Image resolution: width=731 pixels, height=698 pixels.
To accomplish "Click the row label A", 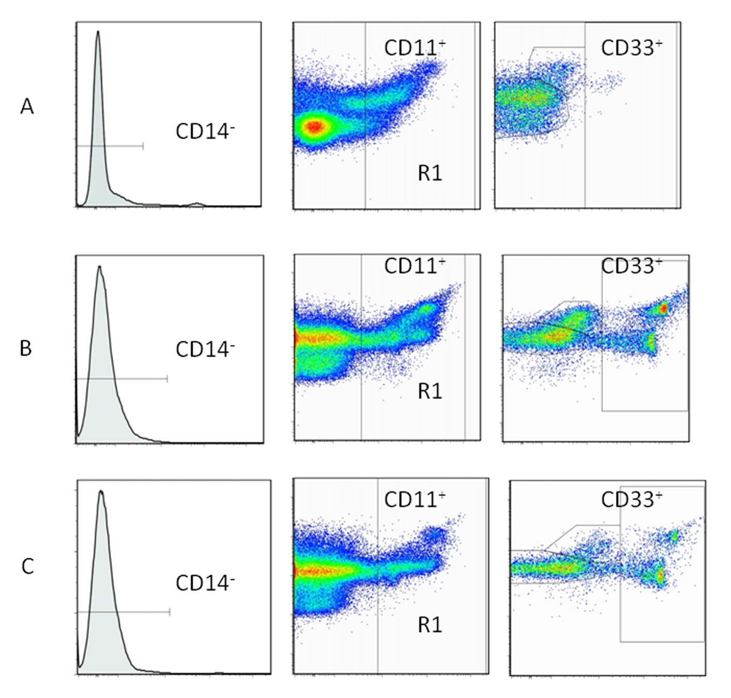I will pos(27,107).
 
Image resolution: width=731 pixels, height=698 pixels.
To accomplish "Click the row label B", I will pos(26,348).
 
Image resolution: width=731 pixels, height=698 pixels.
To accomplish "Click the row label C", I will pos(27,566).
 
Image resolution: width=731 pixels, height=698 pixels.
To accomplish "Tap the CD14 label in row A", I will pos(205,131).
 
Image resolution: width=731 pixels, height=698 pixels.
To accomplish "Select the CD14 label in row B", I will pos(205,350).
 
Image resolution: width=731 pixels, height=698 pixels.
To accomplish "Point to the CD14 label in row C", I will pos(205,583).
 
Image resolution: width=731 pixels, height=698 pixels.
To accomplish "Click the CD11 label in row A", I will pos(414,48).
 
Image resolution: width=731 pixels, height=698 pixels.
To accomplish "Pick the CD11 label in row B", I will pos(414,266).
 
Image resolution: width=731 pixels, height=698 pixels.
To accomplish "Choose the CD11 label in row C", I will pos(414,499).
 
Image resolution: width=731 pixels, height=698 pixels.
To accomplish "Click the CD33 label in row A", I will pos(631,48).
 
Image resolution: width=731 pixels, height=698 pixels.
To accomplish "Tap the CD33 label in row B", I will pos(631,266).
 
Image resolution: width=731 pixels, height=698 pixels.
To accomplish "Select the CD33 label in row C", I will pos(631,499).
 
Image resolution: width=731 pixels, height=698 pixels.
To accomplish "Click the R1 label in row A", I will pos(429,174).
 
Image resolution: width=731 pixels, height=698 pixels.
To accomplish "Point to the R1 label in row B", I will pos(429,392).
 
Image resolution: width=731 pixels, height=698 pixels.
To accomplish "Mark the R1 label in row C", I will pos(429,625).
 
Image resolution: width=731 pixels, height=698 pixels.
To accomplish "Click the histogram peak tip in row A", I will pos(97,31).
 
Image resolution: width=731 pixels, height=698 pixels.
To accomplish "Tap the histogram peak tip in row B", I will pos(99,267).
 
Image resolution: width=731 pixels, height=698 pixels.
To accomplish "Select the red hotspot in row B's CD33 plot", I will pos(664,308).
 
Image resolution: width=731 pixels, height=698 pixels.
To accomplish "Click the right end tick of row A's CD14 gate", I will pos(143,146).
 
